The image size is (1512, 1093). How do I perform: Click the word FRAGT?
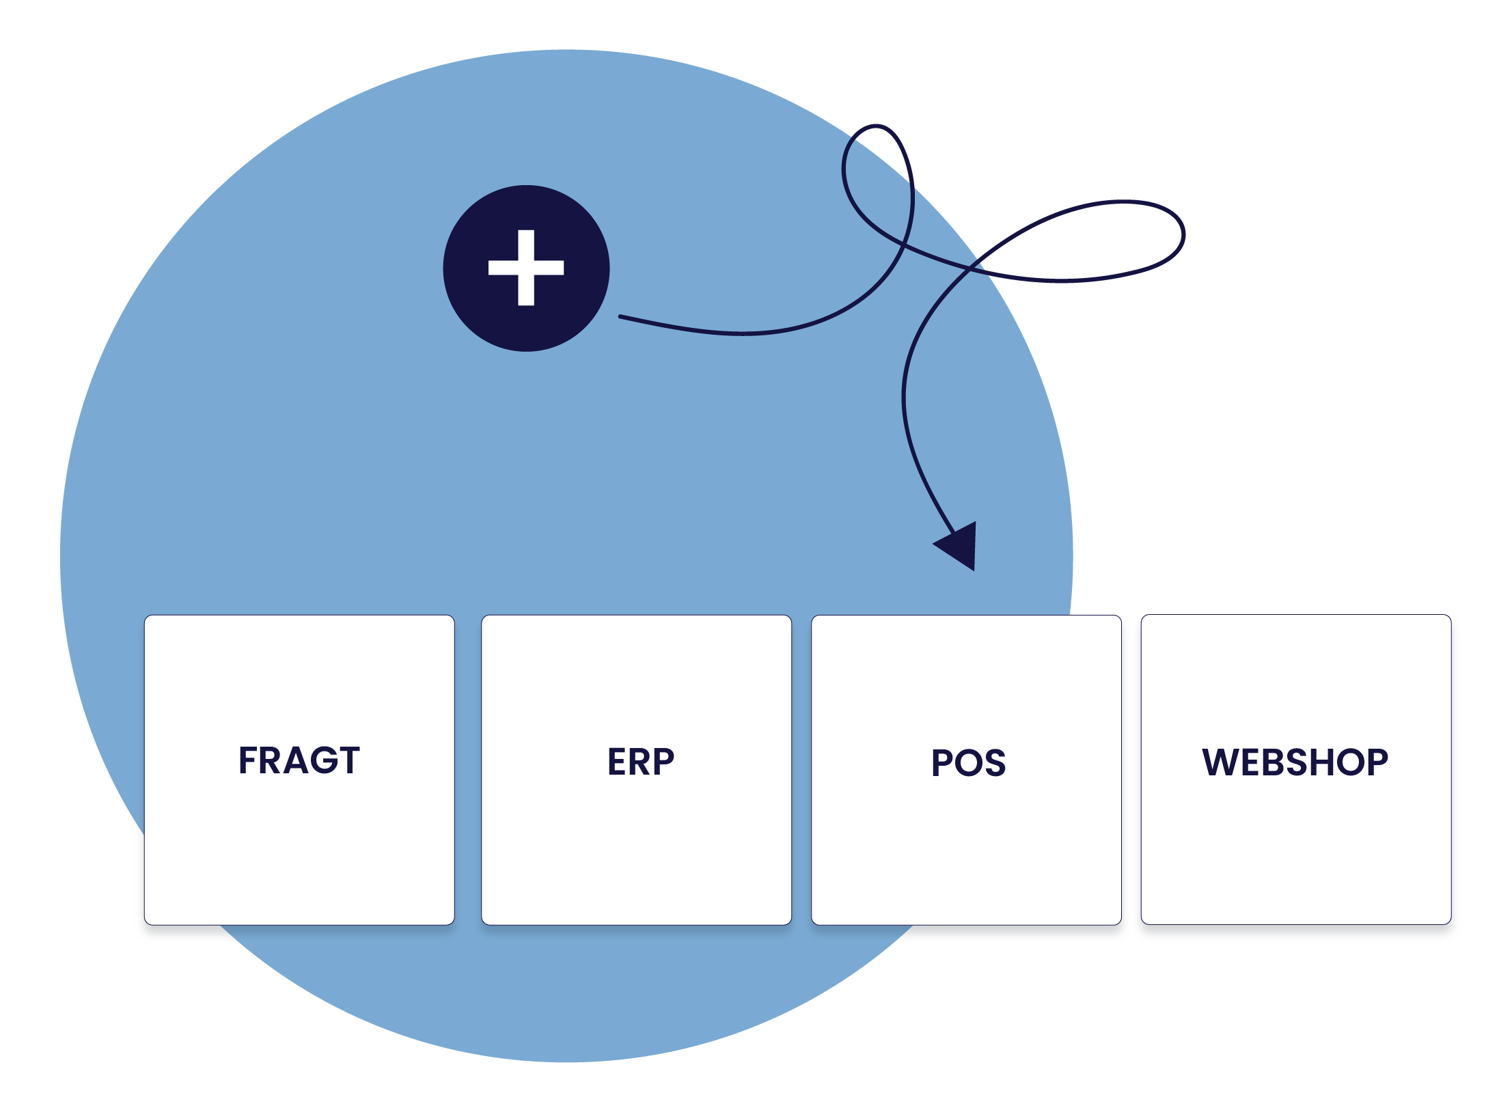coord(299,760)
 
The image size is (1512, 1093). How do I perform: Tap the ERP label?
coord(640,762)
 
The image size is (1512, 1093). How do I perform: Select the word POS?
coord(968,762)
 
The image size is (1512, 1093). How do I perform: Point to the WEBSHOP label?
coord(1295,762)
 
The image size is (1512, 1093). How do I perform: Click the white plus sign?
coord(526,268)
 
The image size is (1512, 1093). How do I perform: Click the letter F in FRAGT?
coord(248,760)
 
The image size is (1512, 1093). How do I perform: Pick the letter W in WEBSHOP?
coord(1223,762)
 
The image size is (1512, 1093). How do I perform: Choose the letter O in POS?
coord(969,763)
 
